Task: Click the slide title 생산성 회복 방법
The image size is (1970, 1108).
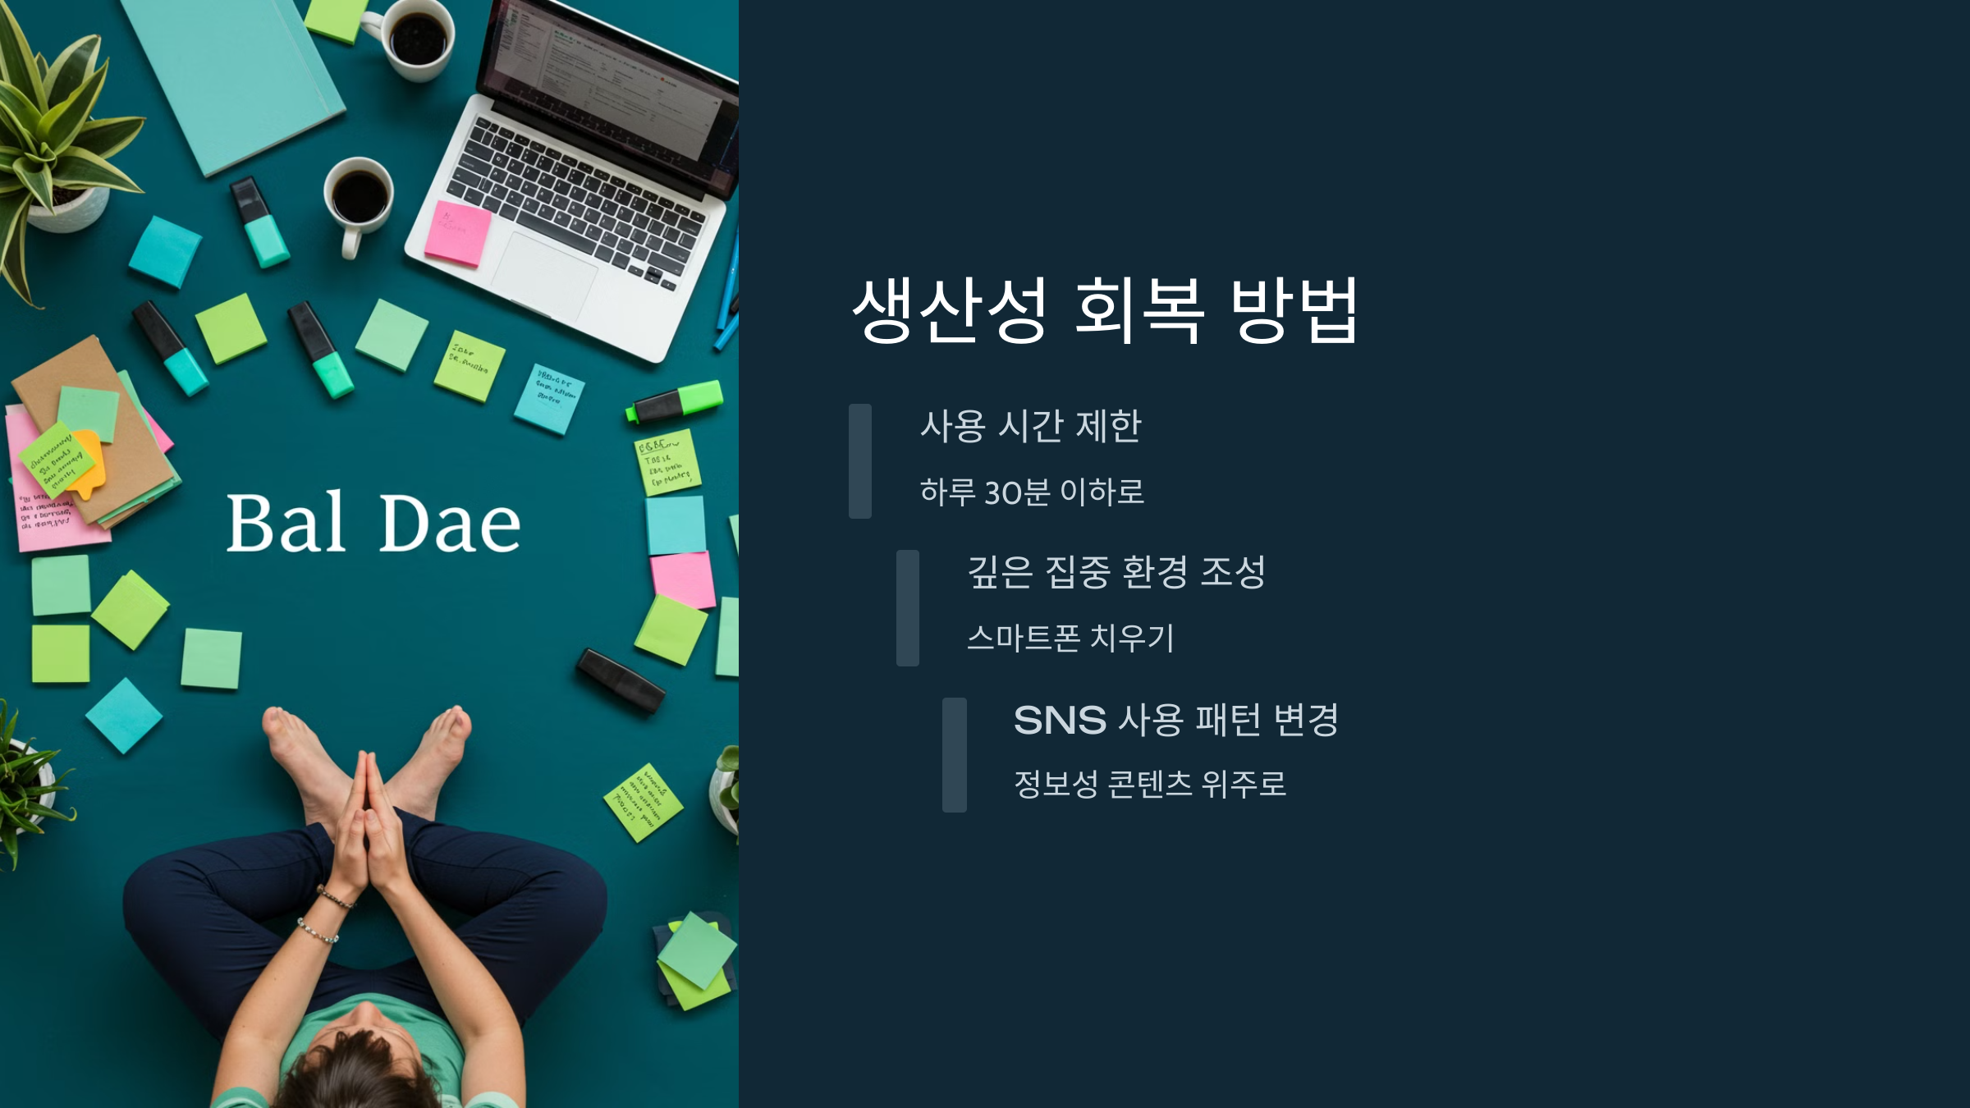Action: [1105, 309]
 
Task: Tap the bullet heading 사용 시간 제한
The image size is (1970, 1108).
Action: [1030, 426]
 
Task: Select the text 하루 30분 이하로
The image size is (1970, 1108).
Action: [1032, 492]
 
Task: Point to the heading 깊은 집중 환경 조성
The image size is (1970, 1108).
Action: [1116, 572]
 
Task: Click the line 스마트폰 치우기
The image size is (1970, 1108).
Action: [1070, 638]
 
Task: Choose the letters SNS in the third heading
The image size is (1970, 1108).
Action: [1060, 721]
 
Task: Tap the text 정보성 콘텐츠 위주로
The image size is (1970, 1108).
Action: [1149, 784]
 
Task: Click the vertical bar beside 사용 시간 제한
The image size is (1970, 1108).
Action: [860, 460]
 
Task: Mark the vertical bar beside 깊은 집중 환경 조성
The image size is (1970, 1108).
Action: [908, 608]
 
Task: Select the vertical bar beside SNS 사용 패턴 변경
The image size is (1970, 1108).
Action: [955, 755]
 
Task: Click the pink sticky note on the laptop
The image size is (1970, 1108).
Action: [457, 233]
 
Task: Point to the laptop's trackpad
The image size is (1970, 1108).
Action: [544, 275]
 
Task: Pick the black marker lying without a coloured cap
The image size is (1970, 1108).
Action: [621, 680]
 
